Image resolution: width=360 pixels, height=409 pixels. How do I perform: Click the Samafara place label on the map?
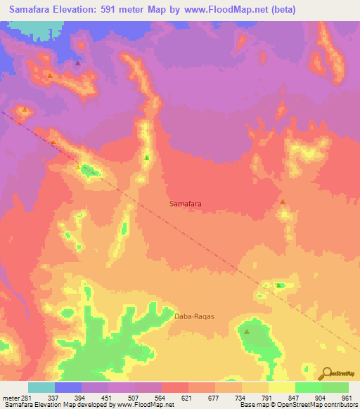point(186,204)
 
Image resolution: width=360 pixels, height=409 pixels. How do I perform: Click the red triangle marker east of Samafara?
point(283,202)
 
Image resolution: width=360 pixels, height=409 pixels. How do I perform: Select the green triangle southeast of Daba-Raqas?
point(247,330)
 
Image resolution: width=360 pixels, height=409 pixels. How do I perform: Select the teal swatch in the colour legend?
point(41,387)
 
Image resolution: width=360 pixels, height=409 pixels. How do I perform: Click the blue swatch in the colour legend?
point(68,387)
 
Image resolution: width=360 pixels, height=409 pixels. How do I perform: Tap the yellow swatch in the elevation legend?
point(281,387)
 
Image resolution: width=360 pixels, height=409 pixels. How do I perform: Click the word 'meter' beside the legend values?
point(10,398)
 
